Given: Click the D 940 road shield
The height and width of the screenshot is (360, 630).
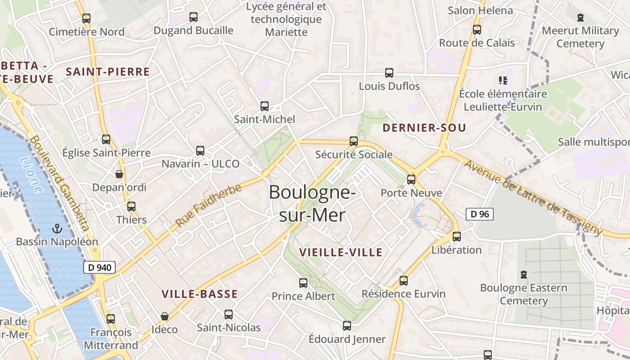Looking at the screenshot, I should tap(99, 267).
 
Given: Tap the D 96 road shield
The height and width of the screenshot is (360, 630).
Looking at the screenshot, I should tap(479, 214).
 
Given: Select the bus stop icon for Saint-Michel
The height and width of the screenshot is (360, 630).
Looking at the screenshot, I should tap(265, 106).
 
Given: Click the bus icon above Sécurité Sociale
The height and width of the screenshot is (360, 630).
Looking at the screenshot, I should tap(354, 141).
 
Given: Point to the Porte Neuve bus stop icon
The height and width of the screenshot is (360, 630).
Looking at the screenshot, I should tap(411, 180).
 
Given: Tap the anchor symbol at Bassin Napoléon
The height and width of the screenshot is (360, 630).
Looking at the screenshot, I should tap(57, 229).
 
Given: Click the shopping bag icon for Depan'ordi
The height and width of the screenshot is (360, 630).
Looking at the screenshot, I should tap(119, 174).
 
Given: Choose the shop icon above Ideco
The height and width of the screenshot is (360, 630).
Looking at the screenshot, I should tap(165, 316).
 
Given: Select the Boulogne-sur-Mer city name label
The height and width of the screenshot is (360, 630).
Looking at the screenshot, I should tap(312, 203).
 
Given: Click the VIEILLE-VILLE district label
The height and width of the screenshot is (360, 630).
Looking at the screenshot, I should tap(341, 252).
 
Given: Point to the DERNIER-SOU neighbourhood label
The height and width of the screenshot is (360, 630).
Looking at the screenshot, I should tap(424, 128).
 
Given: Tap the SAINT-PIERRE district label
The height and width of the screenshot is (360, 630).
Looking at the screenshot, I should tap(108, 72).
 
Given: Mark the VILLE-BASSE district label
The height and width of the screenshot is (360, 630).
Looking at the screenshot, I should tap(199, 294).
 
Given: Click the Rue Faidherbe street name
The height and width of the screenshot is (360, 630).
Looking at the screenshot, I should tap(208, 206).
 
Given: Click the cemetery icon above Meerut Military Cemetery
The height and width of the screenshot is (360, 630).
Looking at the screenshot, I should tap(580, 18).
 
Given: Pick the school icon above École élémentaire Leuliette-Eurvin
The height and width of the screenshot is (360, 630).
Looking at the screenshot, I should tap(503, 81).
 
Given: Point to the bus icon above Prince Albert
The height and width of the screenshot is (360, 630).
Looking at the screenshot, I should tap(303, 283).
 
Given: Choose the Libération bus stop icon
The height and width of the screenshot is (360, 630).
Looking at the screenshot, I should tap(457, 236).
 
